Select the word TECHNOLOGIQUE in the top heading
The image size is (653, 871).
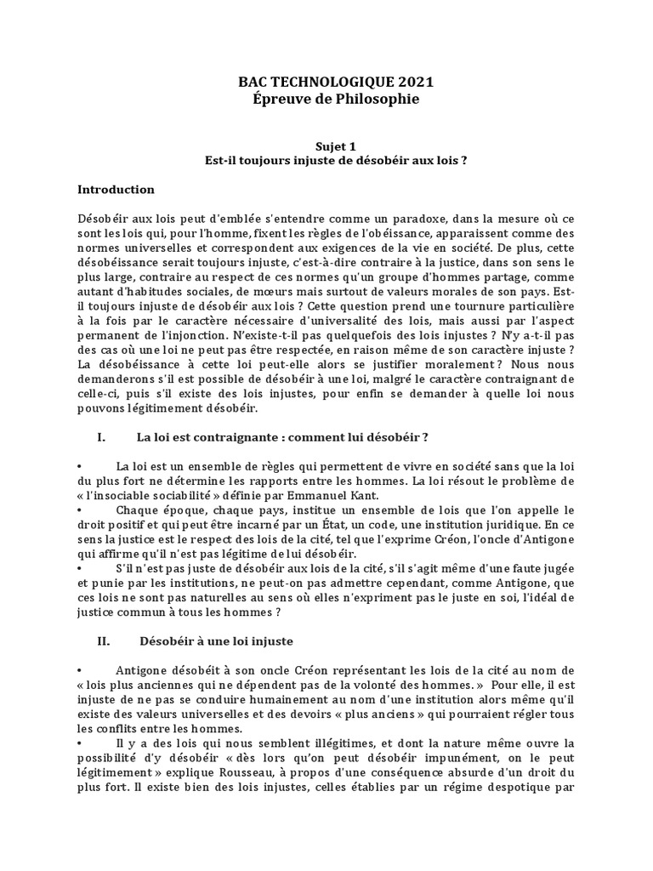(x=322, y=82)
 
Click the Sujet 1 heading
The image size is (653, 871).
(x=326, y=147)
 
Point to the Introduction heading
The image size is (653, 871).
(x=116, y=189)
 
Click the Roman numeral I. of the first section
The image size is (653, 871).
(x=102, y=437)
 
